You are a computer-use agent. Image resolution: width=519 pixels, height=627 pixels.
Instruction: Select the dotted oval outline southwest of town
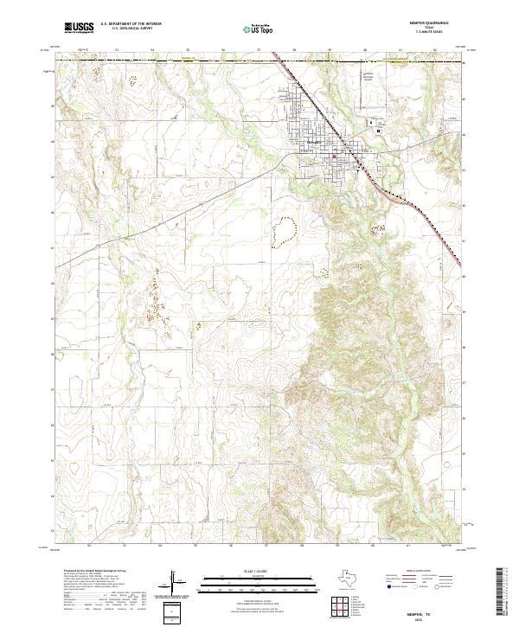point(283,229)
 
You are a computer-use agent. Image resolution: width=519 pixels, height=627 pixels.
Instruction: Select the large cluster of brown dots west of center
point(157,298)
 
